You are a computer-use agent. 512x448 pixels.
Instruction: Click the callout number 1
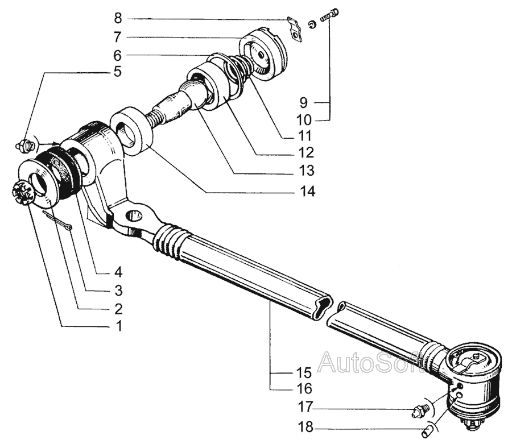click(x=119, y=326)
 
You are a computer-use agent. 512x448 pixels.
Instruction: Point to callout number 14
click(x=308, y=192)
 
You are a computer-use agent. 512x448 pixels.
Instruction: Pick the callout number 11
click(x=305, y=136)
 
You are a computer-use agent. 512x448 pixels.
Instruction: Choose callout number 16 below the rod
click(x=304, y=389)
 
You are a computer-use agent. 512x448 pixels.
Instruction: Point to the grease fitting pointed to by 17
click(x=420, y=410)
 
